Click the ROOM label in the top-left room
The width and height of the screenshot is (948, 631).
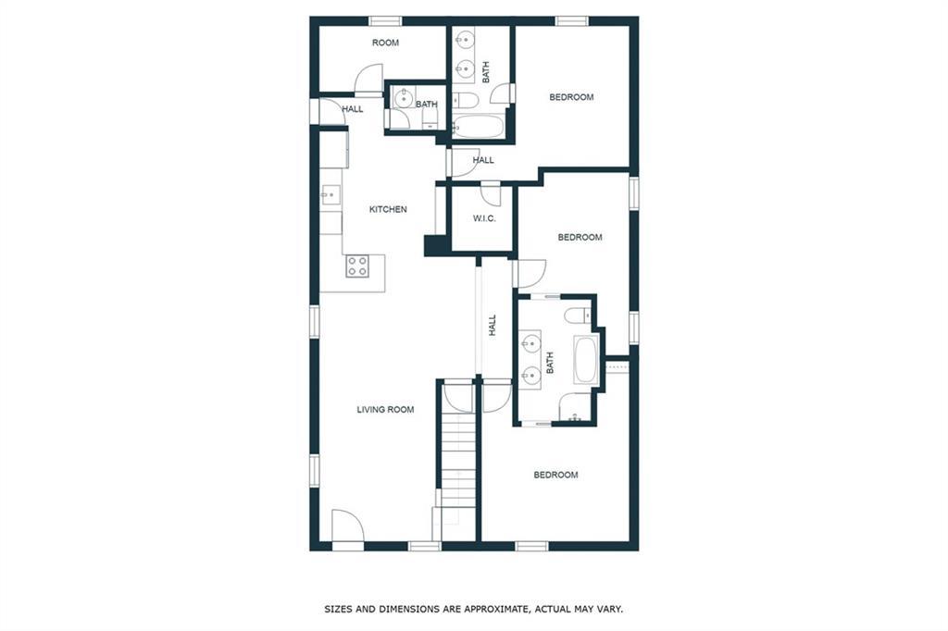click(x=385, y=43)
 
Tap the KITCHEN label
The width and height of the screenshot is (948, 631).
click(x=388, y=210)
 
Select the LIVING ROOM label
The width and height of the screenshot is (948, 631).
click(x=385, y=410)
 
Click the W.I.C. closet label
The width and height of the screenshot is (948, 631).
click(x=484, y=218)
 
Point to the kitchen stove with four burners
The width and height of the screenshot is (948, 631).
click(x=357, y=266)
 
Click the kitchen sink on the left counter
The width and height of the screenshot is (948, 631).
click(x=331, y=195)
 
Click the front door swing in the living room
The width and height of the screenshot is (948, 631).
click(x=348, y=526)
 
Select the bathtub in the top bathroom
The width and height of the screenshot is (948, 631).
click(x=478, y=127)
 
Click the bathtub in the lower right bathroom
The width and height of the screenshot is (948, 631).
click(x=586, y=360)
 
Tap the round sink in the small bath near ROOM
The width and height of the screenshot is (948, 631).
click(x=403, y=97)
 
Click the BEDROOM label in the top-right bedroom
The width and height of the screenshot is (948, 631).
click(x=571, y=97)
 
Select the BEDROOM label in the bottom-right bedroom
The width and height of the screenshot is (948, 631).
click(x=555, y=475)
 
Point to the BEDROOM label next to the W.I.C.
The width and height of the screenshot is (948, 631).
click(x=580, y=238)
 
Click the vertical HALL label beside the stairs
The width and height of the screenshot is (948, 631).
click(x=493, y=325)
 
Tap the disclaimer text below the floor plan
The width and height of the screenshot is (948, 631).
click(x=474, y=609)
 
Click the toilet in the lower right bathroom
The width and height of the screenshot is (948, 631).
click(x=578, y=315)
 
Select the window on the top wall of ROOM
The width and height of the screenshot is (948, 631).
click(x=386, y=21)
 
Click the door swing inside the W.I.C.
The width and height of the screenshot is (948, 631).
click(x=491, y=193)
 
